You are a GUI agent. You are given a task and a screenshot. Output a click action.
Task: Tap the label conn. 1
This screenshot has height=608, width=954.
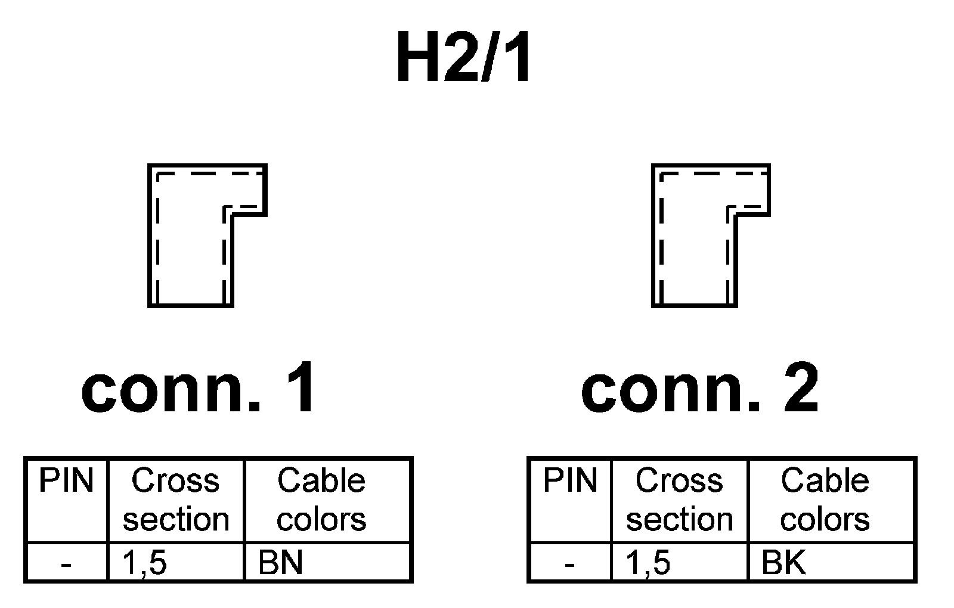(199, 390)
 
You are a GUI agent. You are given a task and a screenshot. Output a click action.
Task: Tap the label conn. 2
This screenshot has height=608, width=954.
(700, 390)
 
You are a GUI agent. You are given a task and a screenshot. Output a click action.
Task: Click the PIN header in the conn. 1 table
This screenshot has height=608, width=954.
(66, 480)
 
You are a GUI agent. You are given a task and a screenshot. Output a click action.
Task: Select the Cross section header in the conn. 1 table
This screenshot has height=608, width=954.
(176, 500)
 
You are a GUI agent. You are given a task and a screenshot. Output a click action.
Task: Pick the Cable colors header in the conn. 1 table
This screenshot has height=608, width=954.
(321, 500)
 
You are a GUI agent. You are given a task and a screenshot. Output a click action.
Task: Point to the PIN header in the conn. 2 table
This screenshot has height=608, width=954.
(570, 480)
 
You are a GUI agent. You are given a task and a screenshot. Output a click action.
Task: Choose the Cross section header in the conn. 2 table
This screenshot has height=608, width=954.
(680, 500)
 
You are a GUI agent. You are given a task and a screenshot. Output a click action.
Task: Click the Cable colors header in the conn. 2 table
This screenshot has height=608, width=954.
(825, 500)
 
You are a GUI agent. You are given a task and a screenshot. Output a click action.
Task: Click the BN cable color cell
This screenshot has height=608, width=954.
(281, 562)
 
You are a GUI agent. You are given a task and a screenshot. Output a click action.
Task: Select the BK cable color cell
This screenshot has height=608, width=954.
(784, 562)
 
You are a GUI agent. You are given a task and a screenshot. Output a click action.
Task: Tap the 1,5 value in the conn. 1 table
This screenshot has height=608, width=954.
(144, 562)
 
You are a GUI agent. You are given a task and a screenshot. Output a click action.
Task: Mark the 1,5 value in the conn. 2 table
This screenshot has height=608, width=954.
(648, 562)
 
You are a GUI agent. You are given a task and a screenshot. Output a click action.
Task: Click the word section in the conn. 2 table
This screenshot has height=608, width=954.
(680, 519)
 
